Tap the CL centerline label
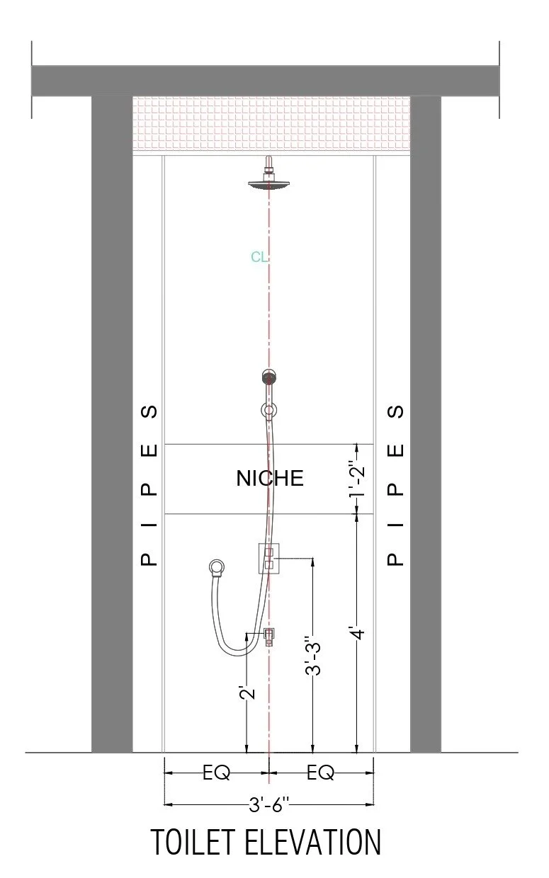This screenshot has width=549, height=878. pos(259,257)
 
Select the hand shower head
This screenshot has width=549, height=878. pos(268,377)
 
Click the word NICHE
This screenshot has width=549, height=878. pos(270,478)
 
